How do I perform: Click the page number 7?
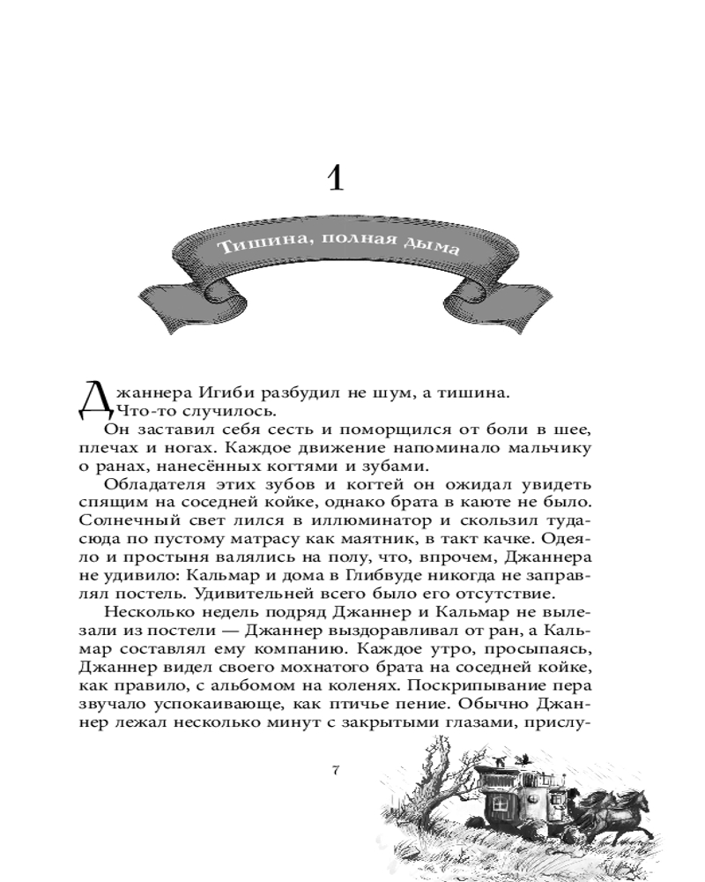tap(335, 771)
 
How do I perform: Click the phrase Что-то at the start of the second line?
tap(137, 410)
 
